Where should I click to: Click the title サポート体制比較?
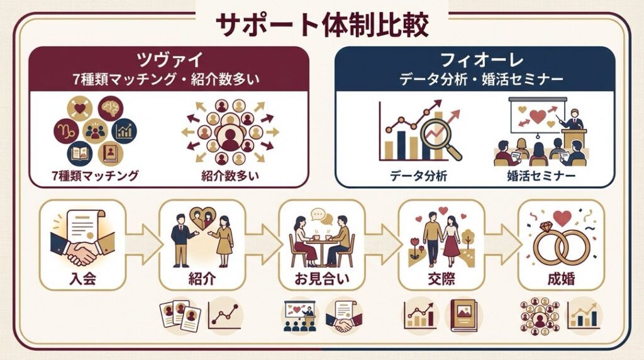click(x=321, y=25)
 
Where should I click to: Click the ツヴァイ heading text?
click(x=169, y=60)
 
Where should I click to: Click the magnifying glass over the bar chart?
click(x=439, y=136)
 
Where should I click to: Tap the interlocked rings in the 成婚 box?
click(x=561, y=247)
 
